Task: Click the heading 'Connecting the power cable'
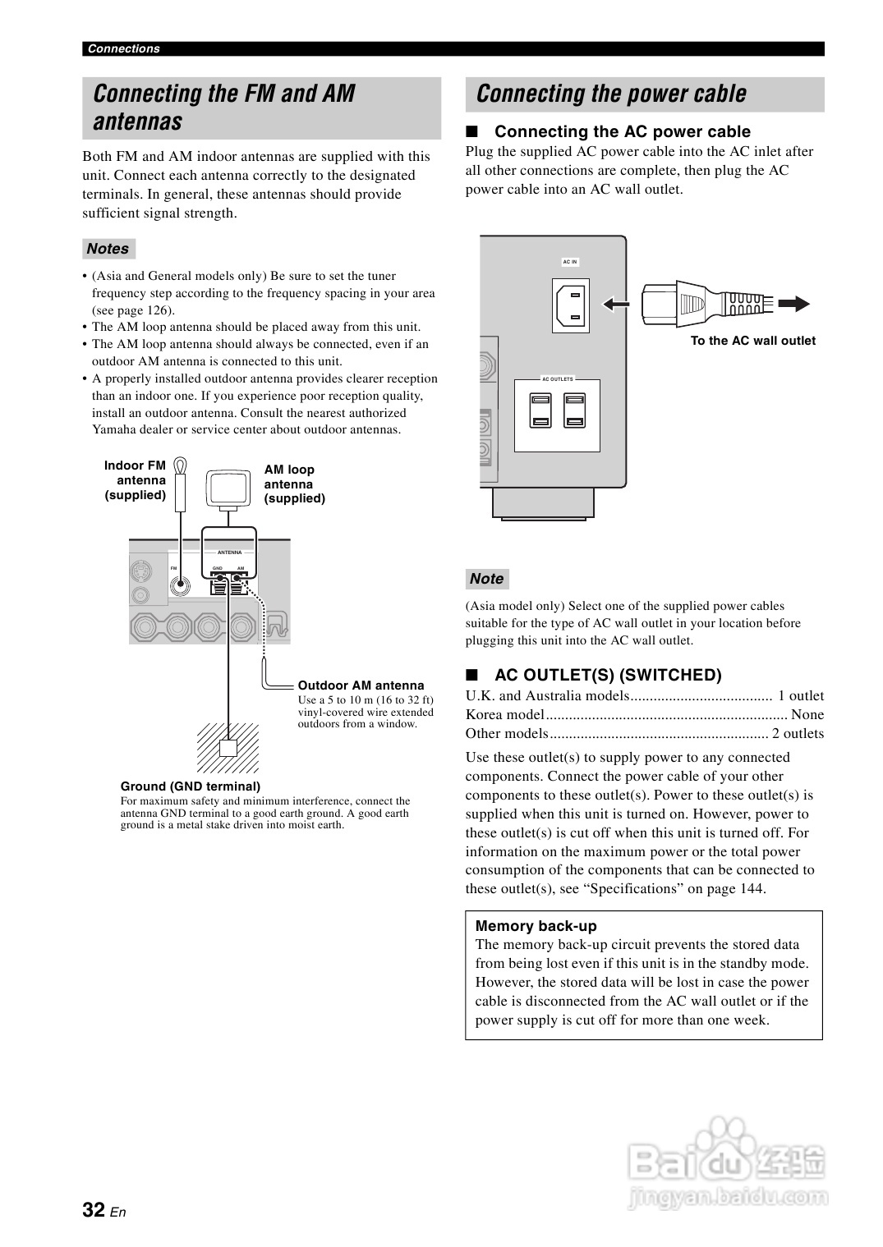tap(611, 94)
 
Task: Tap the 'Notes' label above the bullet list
tap(108, 249)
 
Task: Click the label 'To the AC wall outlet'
tap(752, 341)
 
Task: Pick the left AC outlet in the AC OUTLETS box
tap(540, 411)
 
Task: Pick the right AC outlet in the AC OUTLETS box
tap(574, 411)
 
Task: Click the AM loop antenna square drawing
tap(228, 490)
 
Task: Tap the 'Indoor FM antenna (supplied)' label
tap(136, 480)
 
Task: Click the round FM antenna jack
tap(181, 585)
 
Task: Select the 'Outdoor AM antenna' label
tap(361, 685)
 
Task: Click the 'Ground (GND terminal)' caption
tap(191, 786)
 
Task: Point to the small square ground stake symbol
tap(228, 748)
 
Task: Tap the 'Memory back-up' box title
tap(536, 926)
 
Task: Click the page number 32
tap(94, 1209)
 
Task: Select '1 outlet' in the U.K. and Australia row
tap(801, 696)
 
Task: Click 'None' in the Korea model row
tap(807, 715)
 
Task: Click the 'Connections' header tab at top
tap(124, 48)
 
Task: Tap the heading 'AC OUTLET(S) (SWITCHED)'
tap(608, 675)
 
